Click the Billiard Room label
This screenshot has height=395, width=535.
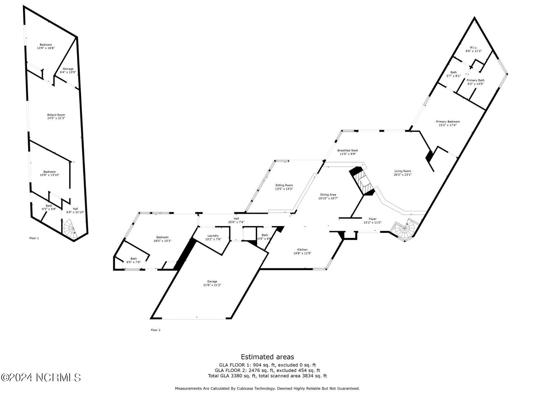(x=56, y=115)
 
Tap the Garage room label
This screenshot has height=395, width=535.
(x=212, y=281)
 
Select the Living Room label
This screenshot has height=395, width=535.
(x=403, y=171)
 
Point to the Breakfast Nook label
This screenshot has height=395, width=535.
(x=347, y=150)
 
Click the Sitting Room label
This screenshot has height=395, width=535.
(x=284, y=185)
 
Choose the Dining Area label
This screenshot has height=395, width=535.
(x=328, y=195)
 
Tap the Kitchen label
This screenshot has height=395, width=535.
(x=302, y=250)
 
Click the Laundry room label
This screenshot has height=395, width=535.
(x=213, y=236)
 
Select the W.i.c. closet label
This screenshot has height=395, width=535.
(x=473, y=47)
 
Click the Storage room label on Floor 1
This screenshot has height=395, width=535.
(x=68, y=69)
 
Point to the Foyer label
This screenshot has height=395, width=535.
(x=372, y=219)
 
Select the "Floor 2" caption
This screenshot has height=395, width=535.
(x=156, y=330)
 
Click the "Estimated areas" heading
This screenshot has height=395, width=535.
(x=267, y=357)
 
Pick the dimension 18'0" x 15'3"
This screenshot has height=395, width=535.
(x=163, y=241)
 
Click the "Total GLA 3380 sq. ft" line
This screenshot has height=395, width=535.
(x=267, y=376)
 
